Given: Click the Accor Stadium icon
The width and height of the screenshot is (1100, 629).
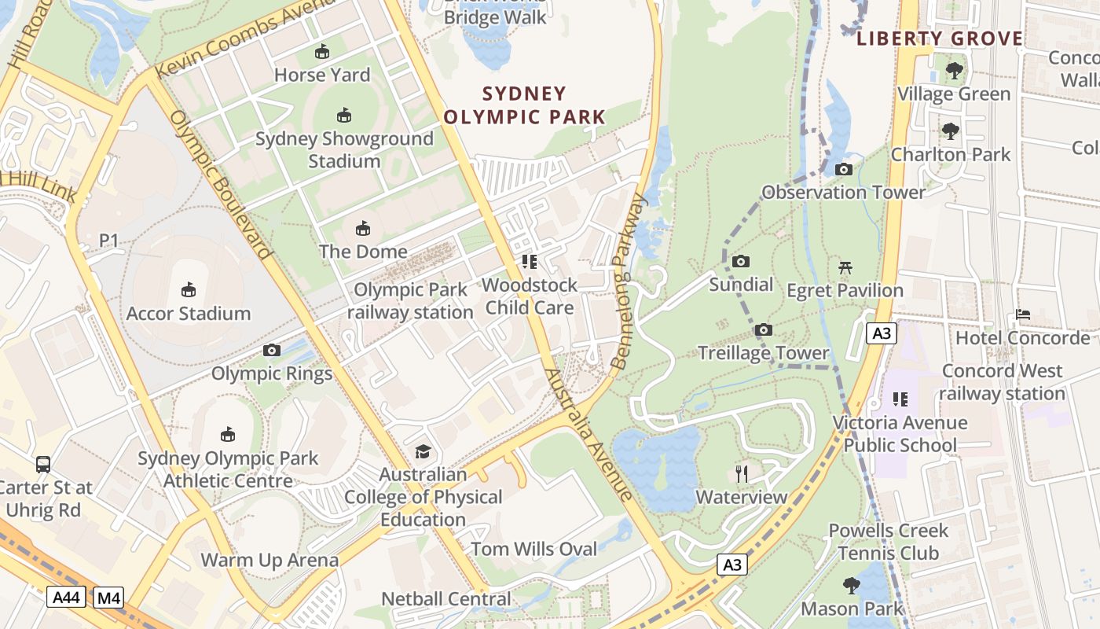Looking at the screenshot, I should click(189, 290).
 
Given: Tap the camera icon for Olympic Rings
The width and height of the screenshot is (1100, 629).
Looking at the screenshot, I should click(272, 350).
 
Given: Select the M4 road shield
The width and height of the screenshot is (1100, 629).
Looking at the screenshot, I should click(108, 598).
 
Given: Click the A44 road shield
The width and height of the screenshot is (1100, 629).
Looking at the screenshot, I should click(66, 598).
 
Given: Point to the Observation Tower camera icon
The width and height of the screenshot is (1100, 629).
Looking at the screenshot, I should click(844, 169).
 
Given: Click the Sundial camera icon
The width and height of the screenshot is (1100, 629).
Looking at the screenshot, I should click(740, 261).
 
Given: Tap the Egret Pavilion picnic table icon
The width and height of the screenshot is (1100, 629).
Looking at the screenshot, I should click(845, 267).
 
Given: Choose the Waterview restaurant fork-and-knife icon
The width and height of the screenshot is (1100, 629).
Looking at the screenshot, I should click(741, 473).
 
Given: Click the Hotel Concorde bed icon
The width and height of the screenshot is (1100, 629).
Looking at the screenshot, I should click(1022, 314).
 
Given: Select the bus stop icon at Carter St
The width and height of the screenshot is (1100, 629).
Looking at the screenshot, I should click(43, 464).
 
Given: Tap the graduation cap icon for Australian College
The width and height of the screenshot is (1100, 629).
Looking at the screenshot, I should click(423, 451).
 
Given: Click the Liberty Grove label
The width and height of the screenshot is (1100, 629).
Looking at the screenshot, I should click(940, 39).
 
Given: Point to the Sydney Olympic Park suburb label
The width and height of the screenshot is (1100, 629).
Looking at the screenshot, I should click(525, 105).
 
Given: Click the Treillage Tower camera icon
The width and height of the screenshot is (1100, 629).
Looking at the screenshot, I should click(764, 329).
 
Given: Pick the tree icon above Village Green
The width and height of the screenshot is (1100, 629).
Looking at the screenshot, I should click(955, 71).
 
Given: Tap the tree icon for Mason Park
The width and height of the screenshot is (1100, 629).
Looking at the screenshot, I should click(851, 585).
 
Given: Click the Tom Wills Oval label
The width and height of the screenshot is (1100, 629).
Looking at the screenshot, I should click(534, 549).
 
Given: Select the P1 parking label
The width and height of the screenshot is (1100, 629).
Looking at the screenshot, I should click(108, 240).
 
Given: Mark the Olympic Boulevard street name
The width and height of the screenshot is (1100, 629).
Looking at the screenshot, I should click(220, 185).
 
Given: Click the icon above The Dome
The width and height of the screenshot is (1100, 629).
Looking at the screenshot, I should click(363, 229).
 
